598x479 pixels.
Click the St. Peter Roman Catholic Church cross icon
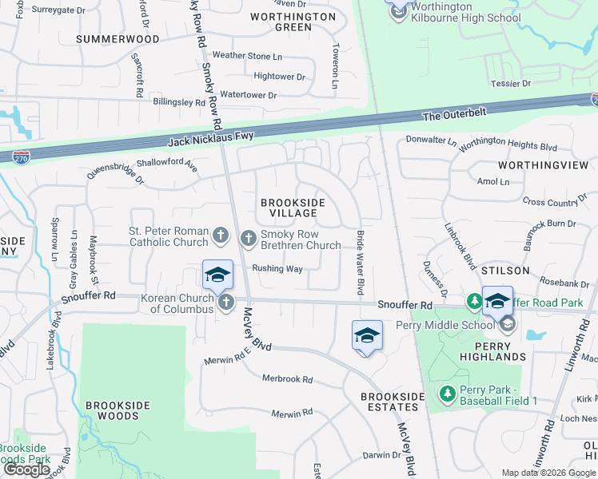pyautogui.click(x=221, y=236)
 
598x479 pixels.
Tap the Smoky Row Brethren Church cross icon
pyautogui.click(x=249, y=237)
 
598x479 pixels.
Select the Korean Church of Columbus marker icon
pyautogui.click(x=226, y=302)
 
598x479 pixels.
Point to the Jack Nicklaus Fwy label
pyautogui.click(x=211, y=141)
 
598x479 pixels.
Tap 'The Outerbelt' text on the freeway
pyautogui.click(x=453, y=117)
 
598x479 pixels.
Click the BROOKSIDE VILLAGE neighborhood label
pyautogui.click(x=293, y=208)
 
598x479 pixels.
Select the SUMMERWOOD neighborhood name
pyautogui.click(x=111, y=38)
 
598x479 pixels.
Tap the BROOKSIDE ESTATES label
pyautogui.click(x=390, y=402)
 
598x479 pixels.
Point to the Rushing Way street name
pyautogui.click(x=277, y=269)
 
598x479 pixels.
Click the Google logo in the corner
pyautogui.click(x=27, y=469)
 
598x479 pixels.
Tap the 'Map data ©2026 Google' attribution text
pyautogui.click(x=548, y=473)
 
